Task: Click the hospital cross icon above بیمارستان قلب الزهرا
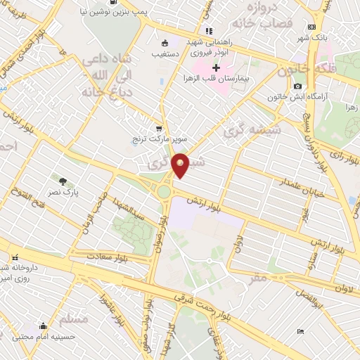tap(217, 67)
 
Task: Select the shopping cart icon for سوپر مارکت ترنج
tap(159, 129)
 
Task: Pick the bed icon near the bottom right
tap(301, 331)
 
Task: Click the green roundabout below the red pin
tap(165, 191)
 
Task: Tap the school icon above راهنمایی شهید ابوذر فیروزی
tap(208, 31)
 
